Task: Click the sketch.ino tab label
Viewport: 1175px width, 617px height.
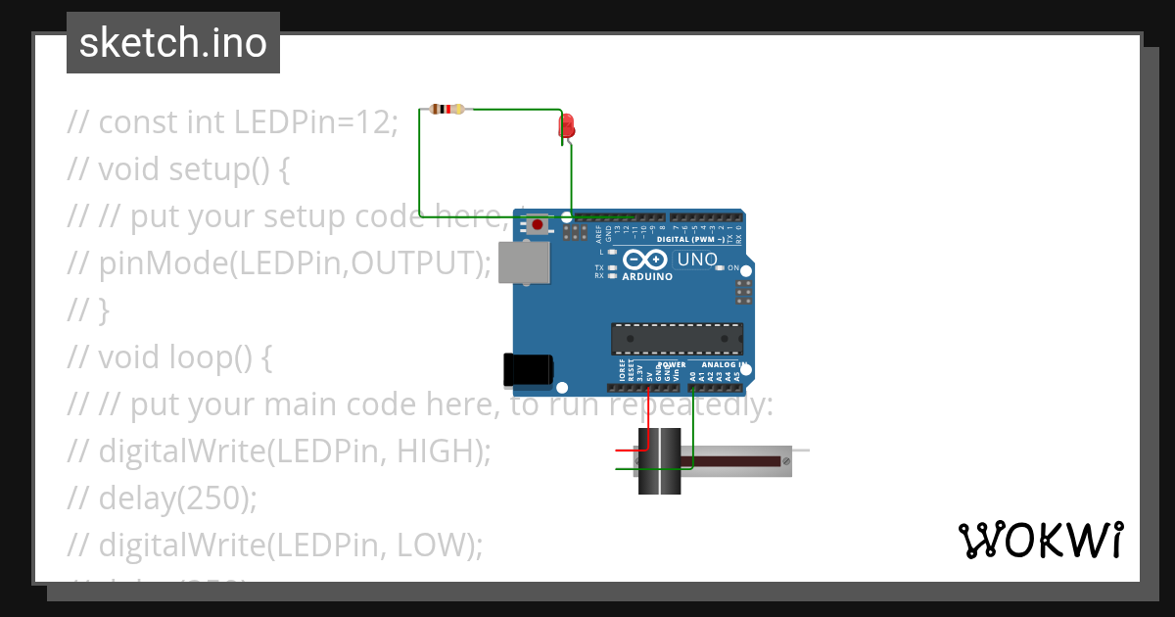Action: pyautogui.click(x=173, y=43)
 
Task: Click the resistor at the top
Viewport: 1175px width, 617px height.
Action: pyautogui.click(x=447, y=110)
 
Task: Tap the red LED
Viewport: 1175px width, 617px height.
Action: pyautogui.click(x=567, y=126)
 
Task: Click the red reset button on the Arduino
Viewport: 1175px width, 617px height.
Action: pyautogui.click(x=537, y=225)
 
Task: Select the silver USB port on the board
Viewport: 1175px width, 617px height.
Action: pyautogui.click(x=524, y=262)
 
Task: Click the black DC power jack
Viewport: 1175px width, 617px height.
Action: pyautogui.click(x=527, y=369)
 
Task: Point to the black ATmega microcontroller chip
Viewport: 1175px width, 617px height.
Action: pyautogui.click(x=677, y=338)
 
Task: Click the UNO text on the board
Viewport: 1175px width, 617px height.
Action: pyautogui.click(x=697, y=261)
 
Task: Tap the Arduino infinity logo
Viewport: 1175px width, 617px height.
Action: pyautogui.click(x=646, y=260)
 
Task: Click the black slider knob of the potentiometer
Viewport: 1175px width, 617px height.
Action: pyautogui.click(x=659, y=460)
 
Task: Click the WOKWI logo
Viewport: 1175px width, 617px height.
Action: pyautogui.click(x=1040, y=540)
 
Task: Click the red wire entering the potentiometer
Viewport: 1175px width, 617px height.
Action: pyautogui.click(x=627, y=451)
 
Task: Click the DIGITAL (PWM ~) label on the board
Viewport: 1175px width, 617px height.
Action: pyautogui.click(x=691, y=239)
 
